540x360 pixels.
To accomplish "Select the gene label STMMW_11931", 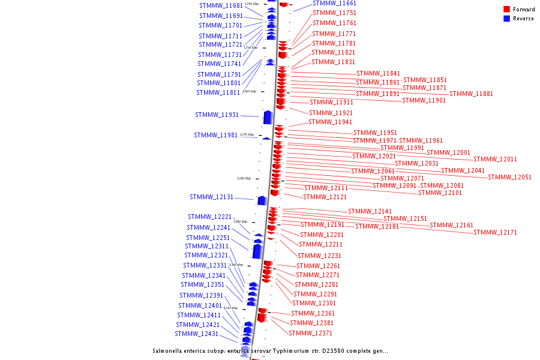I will click(217, 115).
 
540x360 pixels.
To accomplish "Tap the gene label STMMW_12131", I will click(211, 197).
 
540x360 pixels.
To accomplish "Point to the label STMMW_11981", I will click(215, 135).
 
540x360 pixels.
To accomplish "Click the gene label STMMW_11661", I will click(334, 3).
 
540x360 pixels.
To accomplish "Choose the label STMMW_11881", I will click(471, 94).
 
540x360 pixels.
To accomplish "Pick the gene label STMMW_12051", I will click(509, 177).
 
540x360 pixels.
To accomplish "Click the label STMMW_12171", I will click(495, 232).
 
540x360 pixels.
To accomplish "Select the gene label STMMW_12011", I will click(495, 159).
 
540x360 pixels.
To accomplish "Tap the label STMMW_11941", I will click(330, 122).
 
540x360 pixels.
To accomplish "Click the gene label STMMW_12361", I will click(313, 313).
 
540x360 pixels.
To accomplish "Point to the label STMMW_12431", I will click(196, 334).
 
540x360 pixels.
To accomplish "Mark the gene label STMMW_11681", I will click(221, 5).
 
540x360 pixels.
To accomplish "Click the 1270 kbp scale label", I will click(247, 135).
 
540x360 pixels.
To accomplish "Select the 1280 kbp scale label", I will click(244, 178).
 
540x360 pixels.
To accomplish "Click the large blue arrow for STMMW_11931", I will click(268, 117).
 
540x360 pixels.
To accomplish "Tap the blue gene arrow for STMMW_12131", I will click(262, 200).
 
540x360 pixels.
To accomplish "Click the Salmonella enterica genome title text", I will click(270, 351).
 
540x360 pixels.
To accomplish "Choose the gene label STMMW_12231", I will click(319, 256).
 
